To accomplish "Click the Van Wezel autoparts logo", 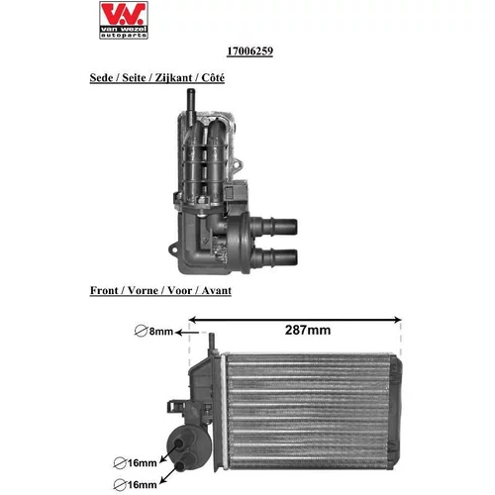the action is [124, 20].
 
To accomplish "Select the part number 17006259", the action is [249, 51].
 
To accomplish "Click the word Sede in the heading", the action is [101, 78].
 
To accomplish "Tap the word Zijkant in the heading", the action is [173, 78].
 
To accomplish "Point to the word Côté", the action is [213, 78].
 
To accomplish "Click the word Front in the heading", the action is [104, 291].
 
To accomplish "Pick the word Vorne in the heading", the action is [143, 291].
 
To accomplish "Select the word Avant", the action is [217, 291].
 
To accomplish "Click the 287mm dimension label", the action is [308, 330].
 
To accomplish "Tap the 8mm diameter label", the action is [161, 332].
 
